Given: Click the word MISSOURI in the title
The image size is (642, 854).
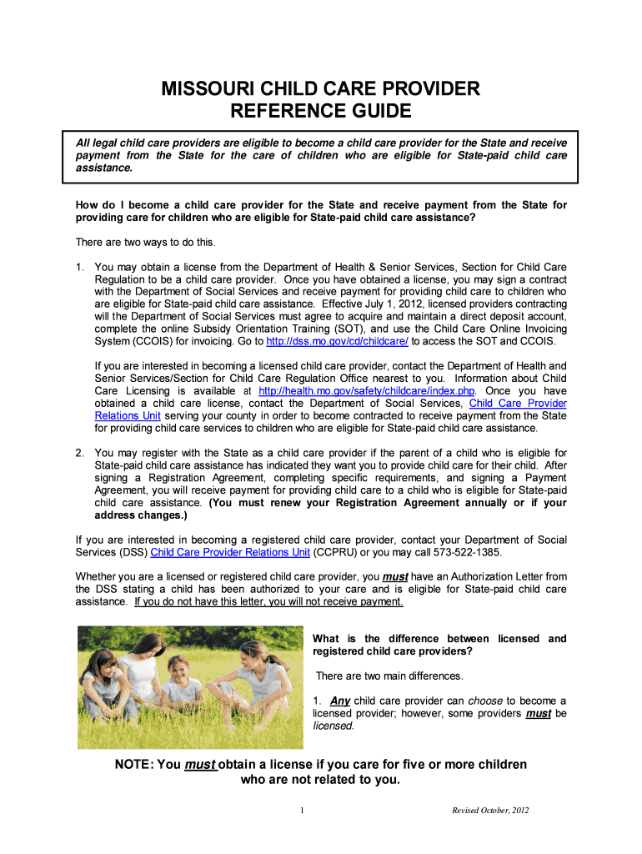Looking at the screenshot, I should click(x=208, y=88).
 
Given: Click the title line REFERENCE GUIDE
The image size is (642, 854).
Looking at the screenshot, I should click(x=321, y=111).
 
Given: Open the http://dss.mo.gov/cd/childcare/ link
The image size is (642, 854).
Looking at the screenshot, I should click(x=337, y=342).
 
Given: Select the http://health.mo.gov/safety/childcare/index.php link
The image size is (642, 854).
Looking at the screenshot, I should click(x=367, y=390).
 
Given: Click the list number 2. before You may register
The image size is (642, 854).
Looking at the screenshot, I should click(x=80, y=453).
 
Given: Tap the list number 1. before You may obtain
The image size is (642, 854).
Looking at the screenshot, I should click(x=80, y=267).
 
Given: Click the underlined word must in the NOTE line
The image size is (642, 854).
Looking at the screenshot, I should click(x=199, y=765).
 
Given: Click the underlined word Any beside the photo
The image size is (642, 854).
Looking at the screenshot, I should click(x=340, y=701).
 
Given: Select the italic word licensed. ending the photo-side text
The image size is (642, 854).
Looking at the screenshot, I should click(x=334, y=726).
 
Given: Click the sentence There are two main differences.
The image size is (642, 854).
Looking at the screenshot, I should click(x=389, y=676).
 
